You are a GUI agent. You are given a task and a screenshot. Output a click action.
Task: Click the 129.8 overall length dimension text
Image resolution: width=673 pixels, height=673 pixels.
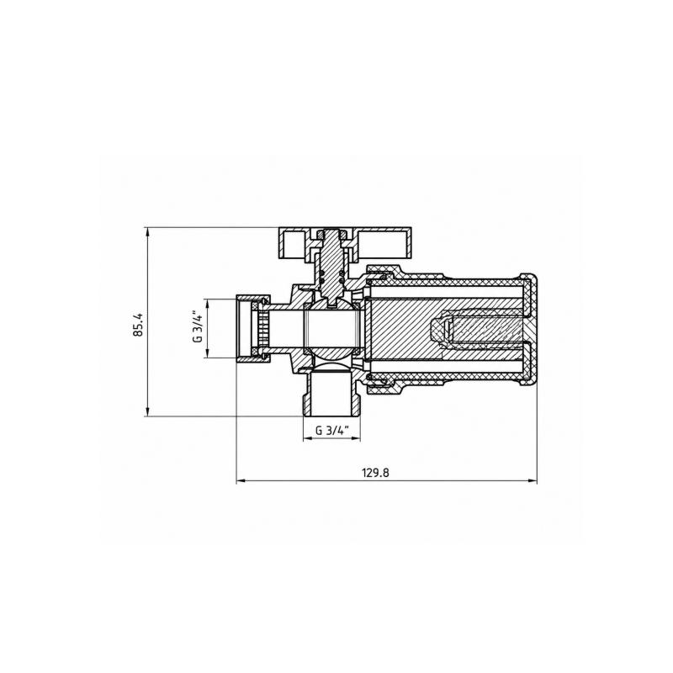click(376, 473)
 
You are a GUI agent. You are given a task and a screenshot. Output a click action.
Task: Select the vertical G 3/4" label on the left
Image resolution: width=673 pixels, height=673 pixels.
click(198, 327)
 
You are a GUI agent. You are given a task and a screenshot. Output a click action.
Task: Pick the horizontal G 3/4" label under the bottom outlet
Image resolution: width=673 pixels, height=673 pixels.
click(331, 431)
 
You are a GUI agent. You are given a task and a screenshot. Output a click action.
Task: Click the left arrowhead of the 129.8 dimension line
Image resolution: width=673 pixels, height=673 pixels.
click(241, 481)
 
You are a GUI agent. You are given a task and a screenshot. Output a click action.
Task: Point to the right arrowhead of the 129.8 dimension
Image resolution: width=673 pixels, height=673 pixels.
click(533, 481)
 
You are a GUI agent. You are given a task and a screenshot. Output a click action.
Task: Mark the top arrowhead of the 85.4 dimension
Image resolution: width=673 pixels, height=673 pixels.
click(148, 231)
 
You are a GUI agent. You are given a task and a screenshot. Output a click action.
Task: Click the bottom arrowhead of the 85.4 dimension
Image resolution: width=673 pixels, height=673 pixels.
click(148, 411)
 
